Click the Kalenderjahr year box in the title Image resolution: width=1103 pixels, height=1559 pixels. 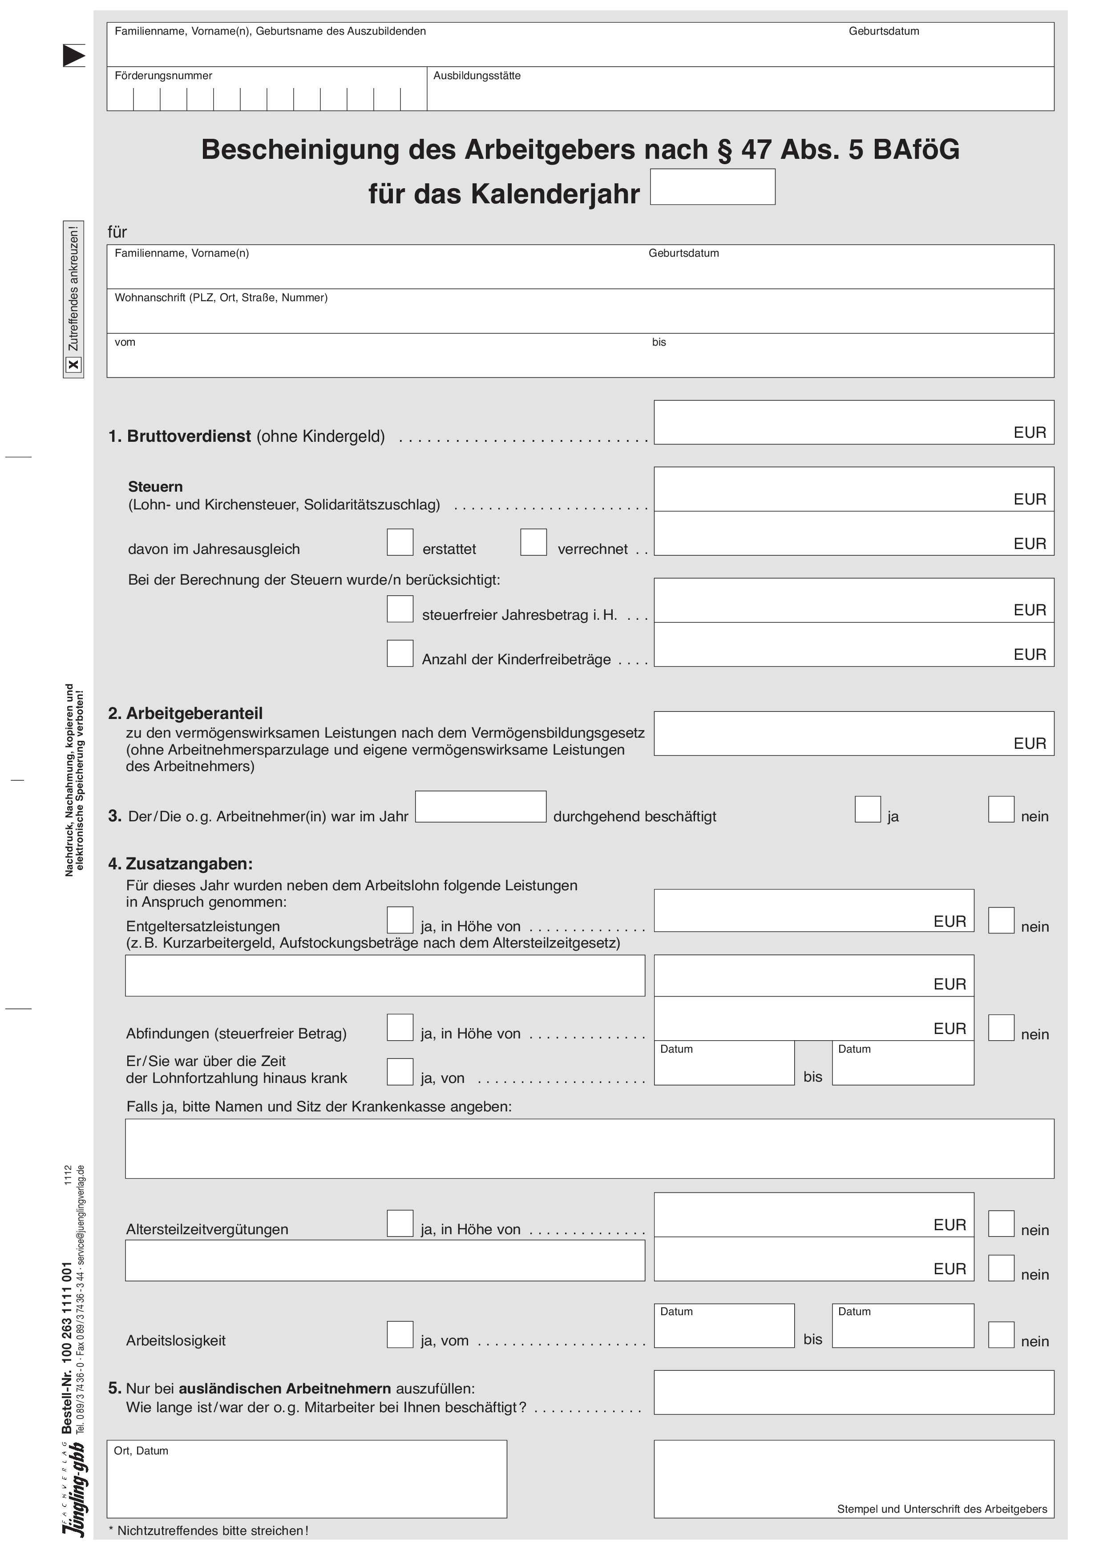(x=712, y=187)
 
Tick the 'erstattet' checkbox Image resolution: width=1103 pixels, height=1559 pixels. (x=400, y=542)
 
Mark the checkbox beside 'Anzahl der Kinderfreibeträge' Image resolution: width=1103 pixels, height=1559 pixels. (x=400, y=653)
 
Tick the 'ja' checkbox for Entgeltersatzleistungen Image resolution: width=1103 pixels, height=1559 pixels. (x=400, y=920)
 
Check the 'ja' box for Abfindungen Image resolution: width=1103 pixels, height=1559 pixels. (x=400, y=1027)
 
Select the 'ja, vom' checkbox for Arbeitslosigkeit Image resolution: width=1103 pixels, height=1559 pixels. (x=400, y=1334)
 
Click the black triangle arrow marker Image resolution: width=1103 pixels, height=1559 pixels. (x=73, y=56)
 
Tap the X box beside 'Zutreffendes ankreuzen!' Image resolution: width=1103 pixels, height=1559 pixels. (x=73, y=365)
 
